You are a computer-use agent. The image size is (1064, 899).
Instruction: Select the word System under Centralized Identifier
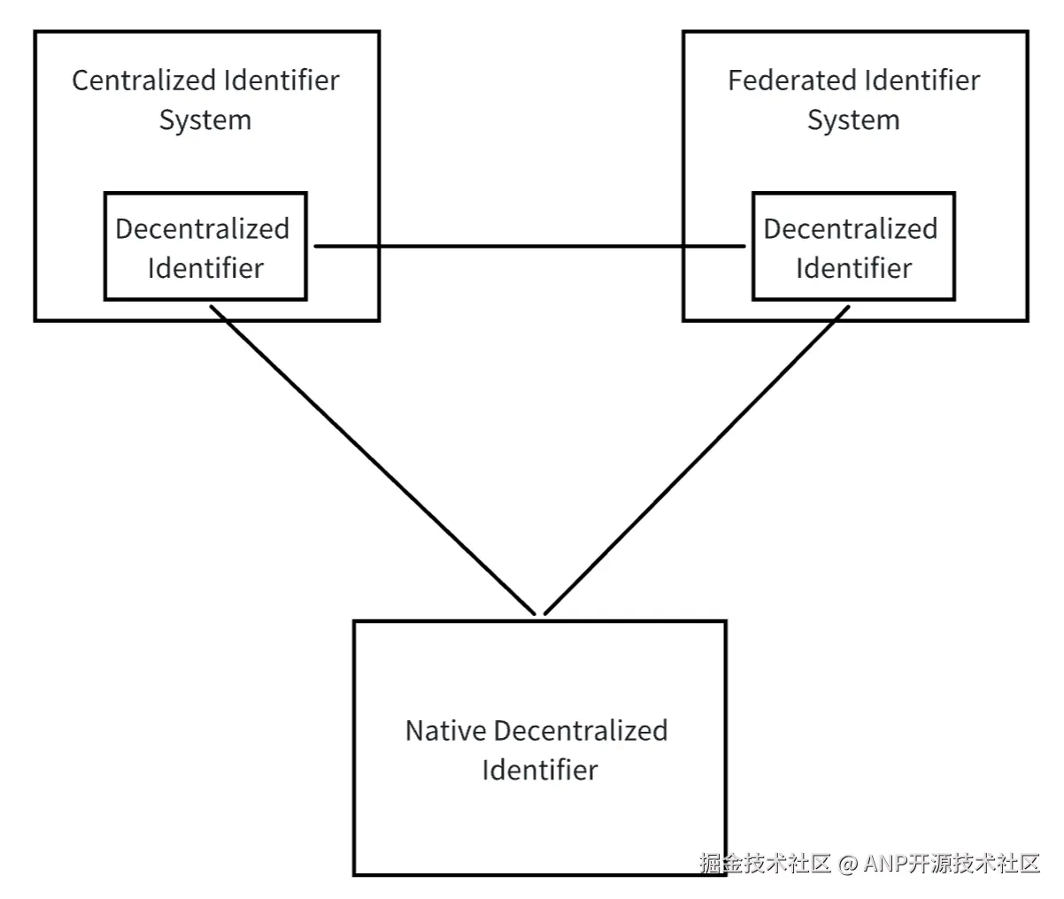[205, 120]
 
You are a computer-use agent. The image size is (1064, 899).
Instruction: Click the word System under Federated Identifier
[853, 120]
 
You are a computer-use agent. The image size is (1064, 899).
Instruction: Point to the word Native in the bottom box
[446, 731]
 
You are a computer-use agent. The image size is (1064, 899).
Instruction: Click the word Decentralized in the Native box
[581, 731]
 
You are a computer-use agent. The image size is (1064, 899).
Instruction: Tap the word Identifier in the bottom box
[540, 770]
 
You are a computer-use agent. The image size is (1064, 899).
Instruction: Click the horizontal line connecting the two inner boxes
[531, 247]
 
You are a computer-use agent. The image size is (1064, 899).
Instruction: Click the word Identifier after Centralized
[281, 81]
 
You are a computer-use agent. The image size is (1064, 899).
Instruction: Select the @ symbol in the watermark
[848, 864]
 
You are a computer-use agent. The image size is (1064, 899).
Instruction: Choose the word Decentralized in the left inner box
[203, 229]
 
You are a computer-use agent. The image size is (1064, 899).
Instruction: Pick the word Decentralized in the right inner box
[851, 229]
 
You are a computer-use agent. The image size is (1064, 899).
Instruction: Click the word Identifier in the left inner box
[205, 268]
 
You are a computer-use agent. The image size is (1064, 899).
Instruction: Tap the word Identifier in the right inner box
[853, 268]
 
